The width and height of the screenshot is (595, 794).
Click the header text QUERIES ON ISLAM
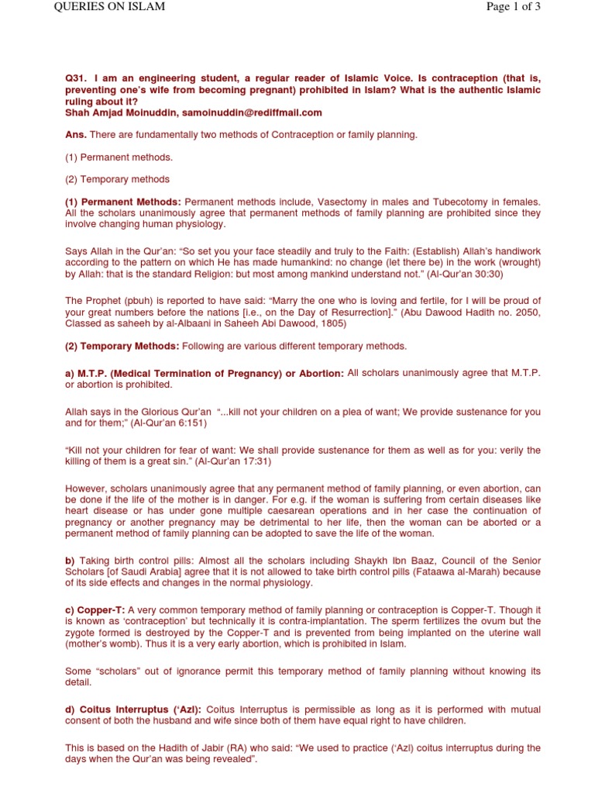click(109, 7)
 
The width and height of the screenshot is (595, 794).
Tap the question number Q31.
click(76, 79)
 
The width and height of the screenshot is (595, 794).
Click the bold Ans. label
click(76, 135)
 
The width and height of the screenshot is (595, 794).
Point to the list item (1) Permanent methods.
click(119, 157)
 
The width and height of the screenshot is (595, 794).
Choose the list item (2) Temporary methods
click(117, 180)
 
